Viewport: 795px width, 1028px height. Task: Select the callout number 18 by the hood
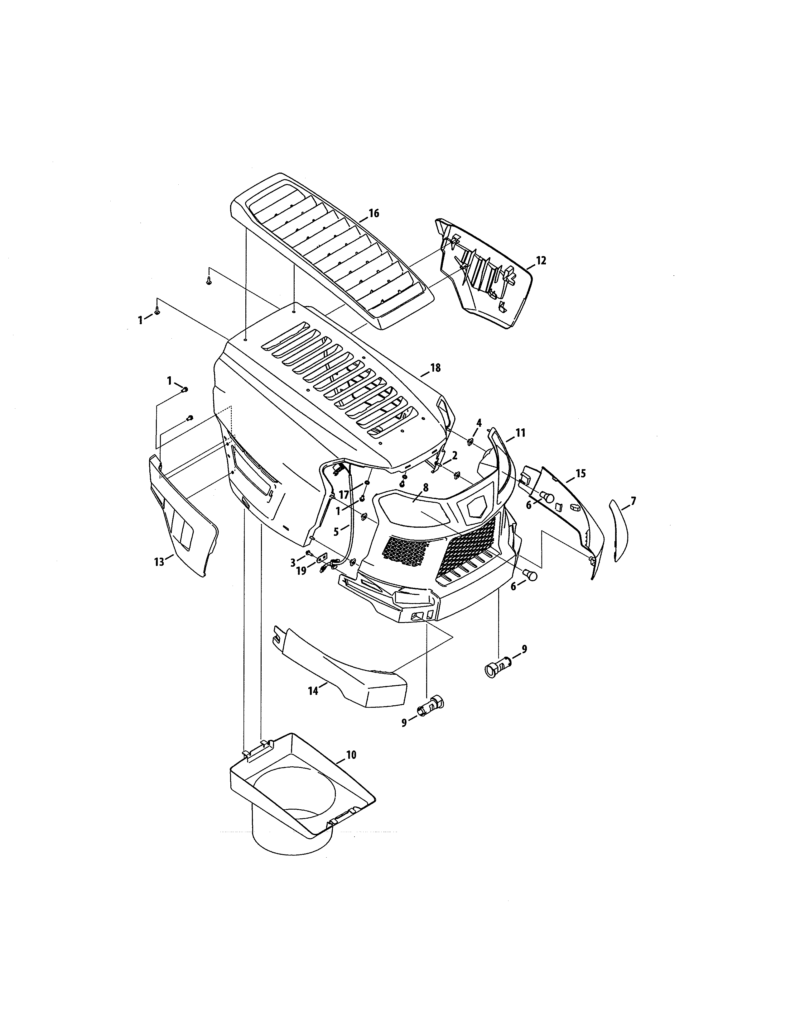coord(436,368)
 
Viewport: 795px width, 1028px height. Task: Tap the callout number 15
coord(581,474)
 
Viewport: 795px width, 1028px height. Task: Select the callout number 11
coord(520,433)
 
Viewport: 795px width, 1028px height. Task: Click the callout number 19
coord(301,570)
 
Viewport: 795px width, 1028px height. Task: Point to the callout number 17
coord(344,495)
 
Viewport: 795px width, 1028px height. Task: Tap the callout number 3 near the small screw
coord(292,562)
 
